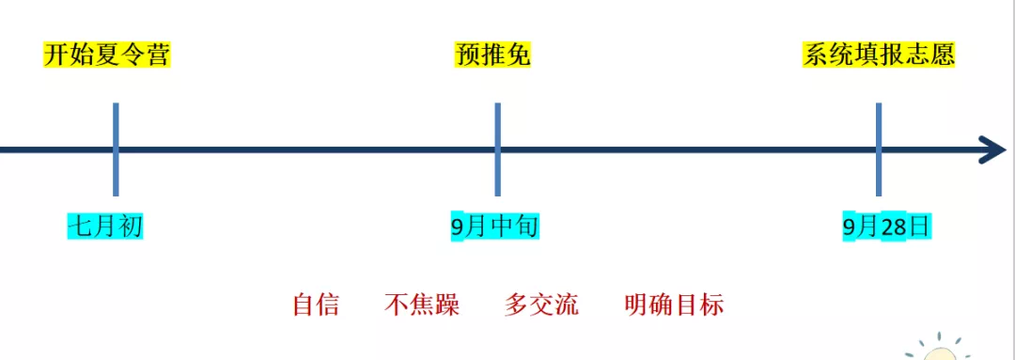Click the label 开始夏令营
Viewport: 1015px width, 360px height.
click(107, 55)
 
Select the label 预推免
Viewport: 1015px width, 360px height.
click(492, 55)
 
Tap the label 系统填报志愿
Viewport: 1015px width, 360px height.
click(879, 55)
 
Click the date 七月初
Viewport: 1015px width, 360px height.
click(105, 227)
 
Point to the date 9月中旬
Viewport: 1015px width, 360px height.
click(494, 227)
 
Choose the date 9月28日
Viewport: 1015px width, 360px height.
click(887, 227)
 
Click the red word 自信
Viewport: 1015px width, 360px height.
click(316, 305)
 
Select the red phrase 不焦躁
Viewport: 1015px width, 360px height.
click(421, 305)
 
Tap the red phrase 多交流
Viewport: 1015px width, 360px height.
click(541, 305)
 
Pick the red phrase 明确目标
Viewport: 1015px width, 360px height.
click(674, 305)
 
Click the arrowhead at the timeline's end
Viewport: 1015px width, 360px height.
click(993, 150)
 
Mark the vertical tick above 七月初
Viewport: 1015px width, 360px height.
click(116, 149)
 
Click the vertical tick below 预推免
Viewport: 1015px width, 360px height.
click(497, 149)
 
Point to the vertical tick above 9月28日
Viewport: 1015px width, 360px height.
click(879, 149)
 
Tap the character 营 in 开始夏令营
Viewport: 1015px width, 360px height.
click(158, 55)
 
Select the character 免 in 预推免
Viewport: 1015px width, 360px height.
click(518, 55)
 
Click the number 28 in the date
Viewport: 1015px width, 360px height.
click(894, 227)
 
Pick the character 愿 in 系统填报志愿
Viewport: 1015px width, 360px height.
click(943, 55)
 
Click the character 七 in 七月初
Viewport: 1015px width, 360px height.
click(80, 227)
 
